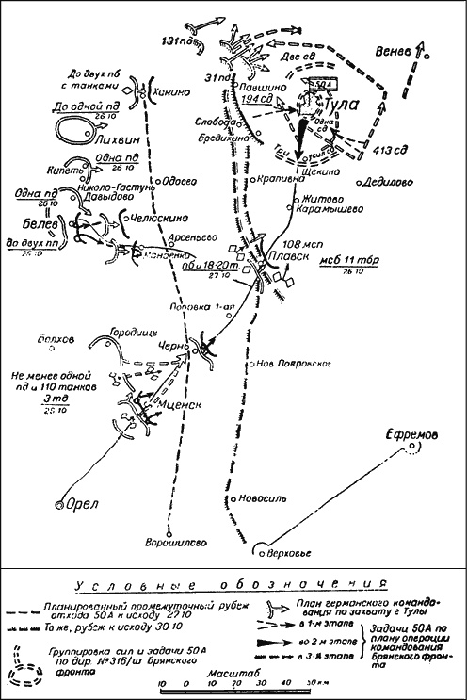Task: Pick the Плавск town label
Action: pyautogui.click(x=286, y=256)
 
